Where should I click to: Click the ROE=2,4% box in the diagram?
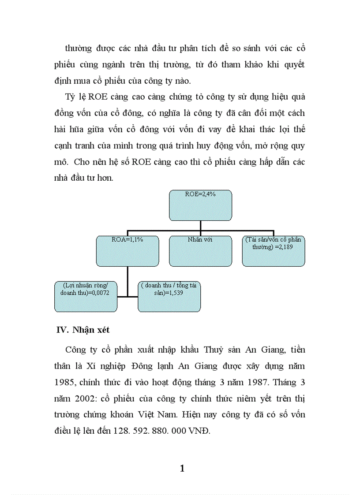[x=201, y=205]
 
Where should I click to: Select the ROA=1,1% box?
[x=127, y=251]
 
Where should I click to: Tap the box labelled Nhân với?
[x=201, y=251]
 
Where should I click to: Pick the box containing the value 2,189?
[x=274, y=251]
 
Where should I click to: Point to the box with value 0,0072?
[x=86, y=296]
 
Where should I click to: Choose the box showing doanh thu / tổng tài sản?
[x=169, y=296]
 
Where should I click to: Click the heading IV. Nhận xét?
[x=84, y=331]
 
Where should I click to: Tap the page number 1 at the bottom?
[x=182, y=468]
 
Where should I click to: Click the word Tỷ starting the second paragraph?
[x=70, y=97]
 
